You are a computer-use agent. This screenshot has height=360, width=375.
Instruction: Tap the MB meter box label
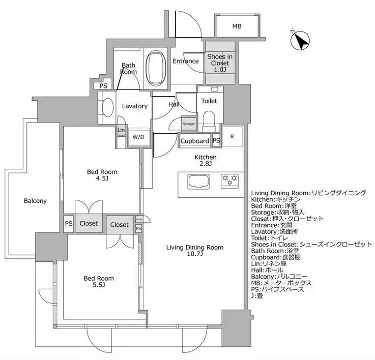(x=237, y=26)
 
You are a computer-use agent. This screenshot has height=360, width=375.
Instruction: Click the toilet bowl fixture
(x=209, y=120)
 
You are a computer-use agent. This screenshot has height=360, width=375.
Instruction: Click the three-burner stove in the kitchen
(x=229, y=179)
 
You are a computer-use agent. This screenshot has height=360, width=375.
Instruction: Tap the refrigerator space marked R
(x=232, y=137)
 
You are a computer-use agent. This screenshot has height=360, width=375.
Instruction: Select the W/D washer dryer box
(x=138, y=137)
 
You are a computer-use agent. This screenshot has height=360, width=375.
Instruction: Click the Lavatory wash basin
(x=108, y=107)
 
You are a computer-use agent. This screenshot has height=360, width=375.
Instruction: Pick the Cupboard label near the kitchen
(x=194, y=141)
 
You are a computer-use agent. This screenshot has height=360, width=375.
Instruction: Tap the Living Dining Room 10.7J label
(x=195, y=251)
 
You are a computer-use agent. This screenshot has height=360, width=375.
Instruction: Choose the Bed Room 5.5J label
(x=99, y=282)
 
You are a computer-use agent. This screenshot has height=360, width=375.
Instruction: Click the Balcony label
(x=35, y=201)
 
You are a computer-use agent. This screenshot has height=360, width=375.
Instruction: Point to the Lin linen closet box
(x=121, y=130)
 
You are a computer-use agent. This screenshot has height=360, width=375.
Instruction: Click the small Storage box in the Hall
(x=189, y=124)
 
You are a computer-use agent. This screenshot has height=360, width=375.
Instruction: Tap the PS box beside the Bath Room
(x=103, y=86)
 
